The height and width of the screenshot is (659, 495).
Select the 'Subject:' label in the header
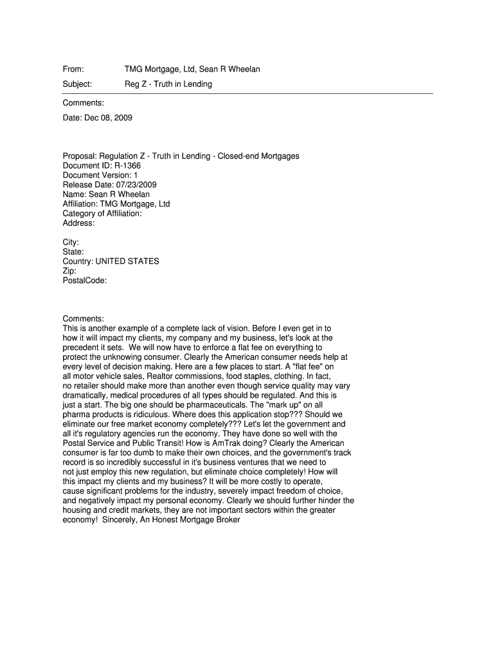coord(77,84)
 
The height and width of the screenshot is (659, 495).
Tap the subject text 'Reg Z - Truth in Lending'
coord(168,84)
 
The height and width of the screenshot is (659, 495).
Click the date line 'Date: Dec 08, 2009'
coord(97,118)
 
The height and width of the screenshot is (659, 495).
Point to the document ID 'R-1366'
coord(128,166)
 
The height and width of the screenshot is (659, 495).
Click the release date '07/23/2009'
coord(136,185)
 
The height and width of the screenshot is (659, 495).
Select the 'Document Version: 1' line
coord(100,175)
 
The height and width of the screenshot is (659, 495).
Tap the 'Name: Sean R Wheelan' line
coord(106,194)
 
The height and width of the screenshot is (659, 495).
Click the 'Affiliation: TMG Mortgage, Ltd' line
coord(116,204)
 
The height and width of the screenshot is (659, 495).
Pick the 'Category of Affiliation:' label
coord(102,214)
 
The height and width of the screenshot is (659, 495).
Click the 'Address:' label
coord(78,223)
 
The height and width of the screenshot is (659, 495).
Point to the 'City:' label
coord(71,243)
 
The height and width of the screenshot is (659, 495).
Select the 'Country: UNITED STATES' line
coord(111,261)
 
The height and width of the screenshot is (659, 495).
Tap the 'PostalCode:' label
coord(85,281)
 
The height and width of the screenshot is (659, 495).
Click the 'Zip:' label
coord(69,271)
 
